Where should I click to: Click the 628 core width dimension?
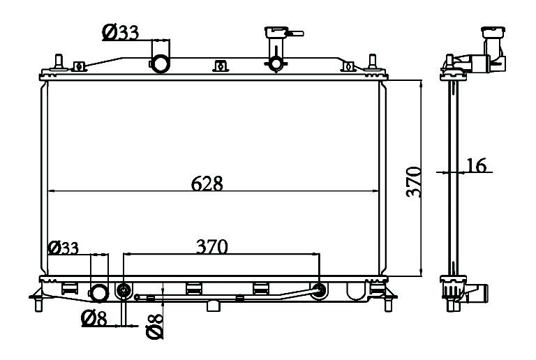[207, 183]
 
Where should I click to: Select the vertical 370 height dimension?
[414, 182]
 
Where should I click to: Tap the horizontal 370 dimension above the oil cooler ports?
[212, 246]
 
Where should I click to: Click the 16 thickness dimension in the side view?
[476, 165]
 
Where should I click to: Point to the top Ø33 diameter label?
[120, 33]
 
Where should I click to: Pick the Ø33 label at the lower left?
[64, 247]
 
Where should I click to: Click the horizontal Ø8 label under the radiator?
[94, 318]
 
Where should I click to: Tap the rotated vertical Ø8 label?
[154, 327]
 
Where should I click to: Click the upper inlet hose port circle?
[160, 63]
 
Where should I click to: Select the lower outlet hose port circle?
[99, 293]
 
